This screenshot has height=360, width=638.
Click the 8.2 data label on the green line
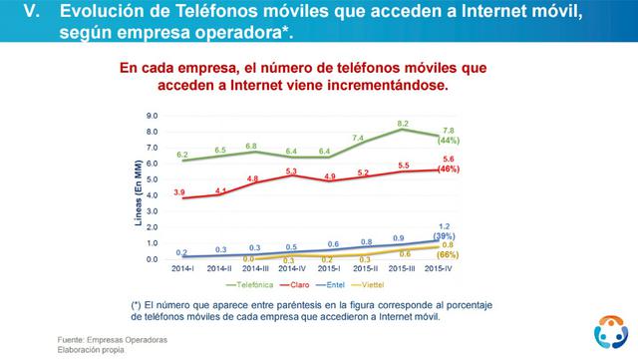402,123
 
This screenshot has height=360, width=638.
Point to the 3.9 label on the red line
180,189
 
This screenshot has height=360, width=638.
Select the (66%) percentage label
449,255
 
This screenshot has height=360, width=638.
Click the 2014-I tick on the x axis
181,268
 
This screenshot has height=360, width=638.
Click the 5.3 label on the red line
291,172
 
